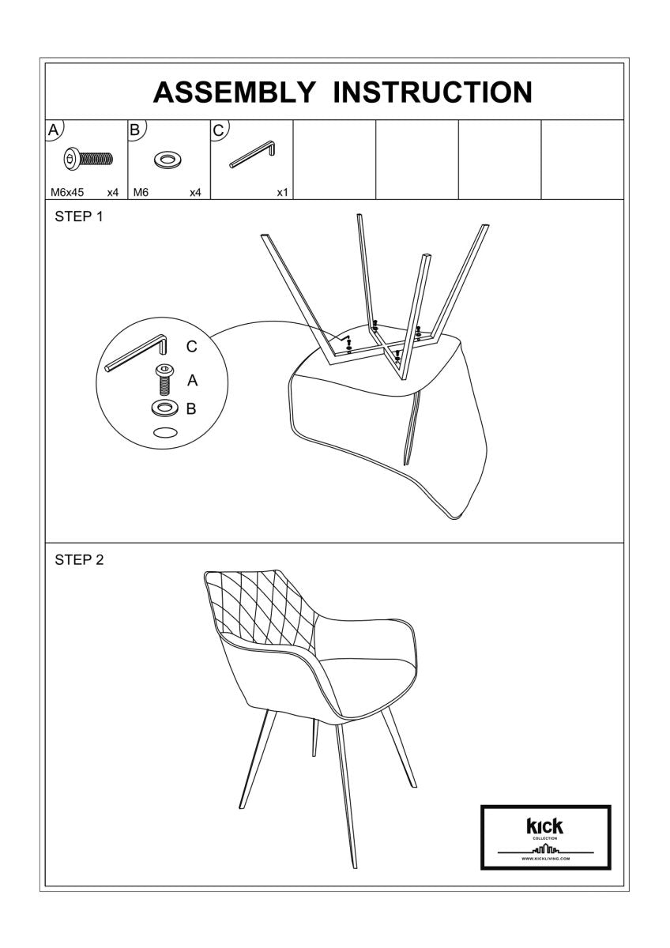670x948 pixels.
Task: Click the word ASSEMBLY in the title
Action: click(x=234, y=92)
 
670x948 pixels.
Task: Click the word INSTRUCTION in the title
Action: click(x=432, y=92)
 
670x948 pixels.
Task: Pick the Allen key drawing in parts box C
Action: click(x=252, y=155)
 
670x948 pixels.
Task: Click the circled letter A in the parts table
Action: click(x=53, y=130)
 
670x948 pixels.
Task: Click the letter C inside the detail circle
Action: click(x=191, y=347)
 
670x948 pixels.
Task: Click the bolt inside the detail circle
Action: click(x=164, y=380)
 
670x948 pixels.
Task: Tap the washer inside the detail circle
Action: click(x=164, y=408)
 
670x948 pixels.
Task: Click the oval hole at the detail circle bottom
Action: click(x=164, y=433)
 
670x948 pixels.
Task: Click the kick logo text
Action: click(x=545, y=826)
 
